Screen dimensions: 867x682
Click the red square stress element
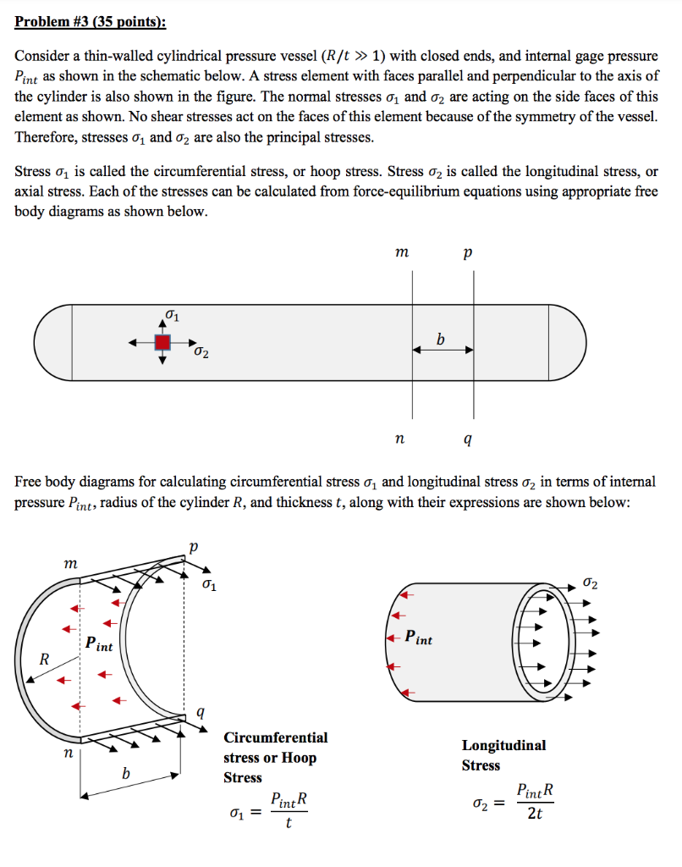[162, 342]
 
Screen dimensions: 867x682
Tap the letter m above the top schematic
[403, 252]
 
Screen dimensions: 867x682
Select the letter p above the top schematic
[469, 252]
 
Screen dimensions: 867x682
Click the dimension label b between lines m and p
[440, 339]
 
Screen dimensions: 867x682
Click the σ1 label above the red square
[171, 317]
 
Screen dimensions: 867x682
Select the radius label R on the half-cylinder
[45, 658]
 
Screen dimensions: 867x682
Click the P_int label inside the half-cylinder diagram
[99, 644]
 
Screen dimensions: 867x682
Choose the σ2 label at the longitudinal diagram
[591, 583]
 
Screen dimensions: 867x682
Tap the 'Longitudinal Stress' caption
[503, 755]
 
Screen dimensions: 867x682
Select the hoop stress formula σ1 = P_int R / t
[269, 810]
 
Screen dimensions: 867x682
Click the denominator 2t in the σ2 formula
[535, 814]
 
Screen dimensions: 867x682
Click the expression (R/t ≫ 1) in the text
[345, 57]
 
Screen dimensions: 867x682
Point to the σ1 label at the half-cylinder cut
[210, 585]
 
